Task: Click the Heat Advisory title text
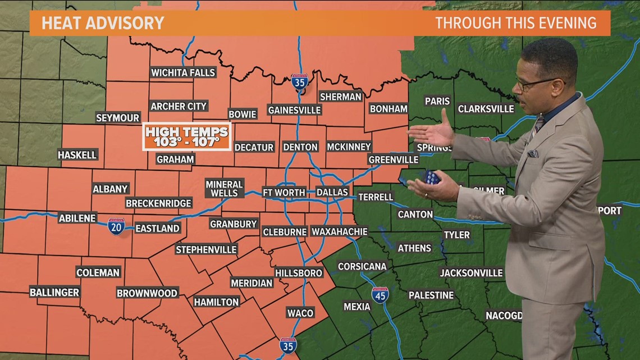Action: coord(103,23)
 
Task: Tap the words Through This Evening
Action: coord(515,23)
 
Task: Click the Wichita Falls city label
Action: coord(183,72)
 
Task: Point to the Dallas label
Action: coord(332,193)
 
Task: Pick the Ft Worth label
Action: coord(284,193)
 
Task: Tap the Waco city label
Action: coord(300,313)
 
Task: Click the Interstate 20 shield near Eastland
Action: coord(116,226)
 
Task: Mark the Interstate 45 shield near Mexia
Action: coord(380,295)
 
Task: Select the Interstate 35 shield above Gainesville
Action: coord(300,83)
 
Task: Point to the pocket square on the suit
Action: coord(532,153)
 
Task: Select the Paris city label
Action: coord(437,102)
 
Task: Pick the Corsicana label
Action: coord(362,266)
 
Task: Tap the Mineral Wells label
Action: coord(224,189)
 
